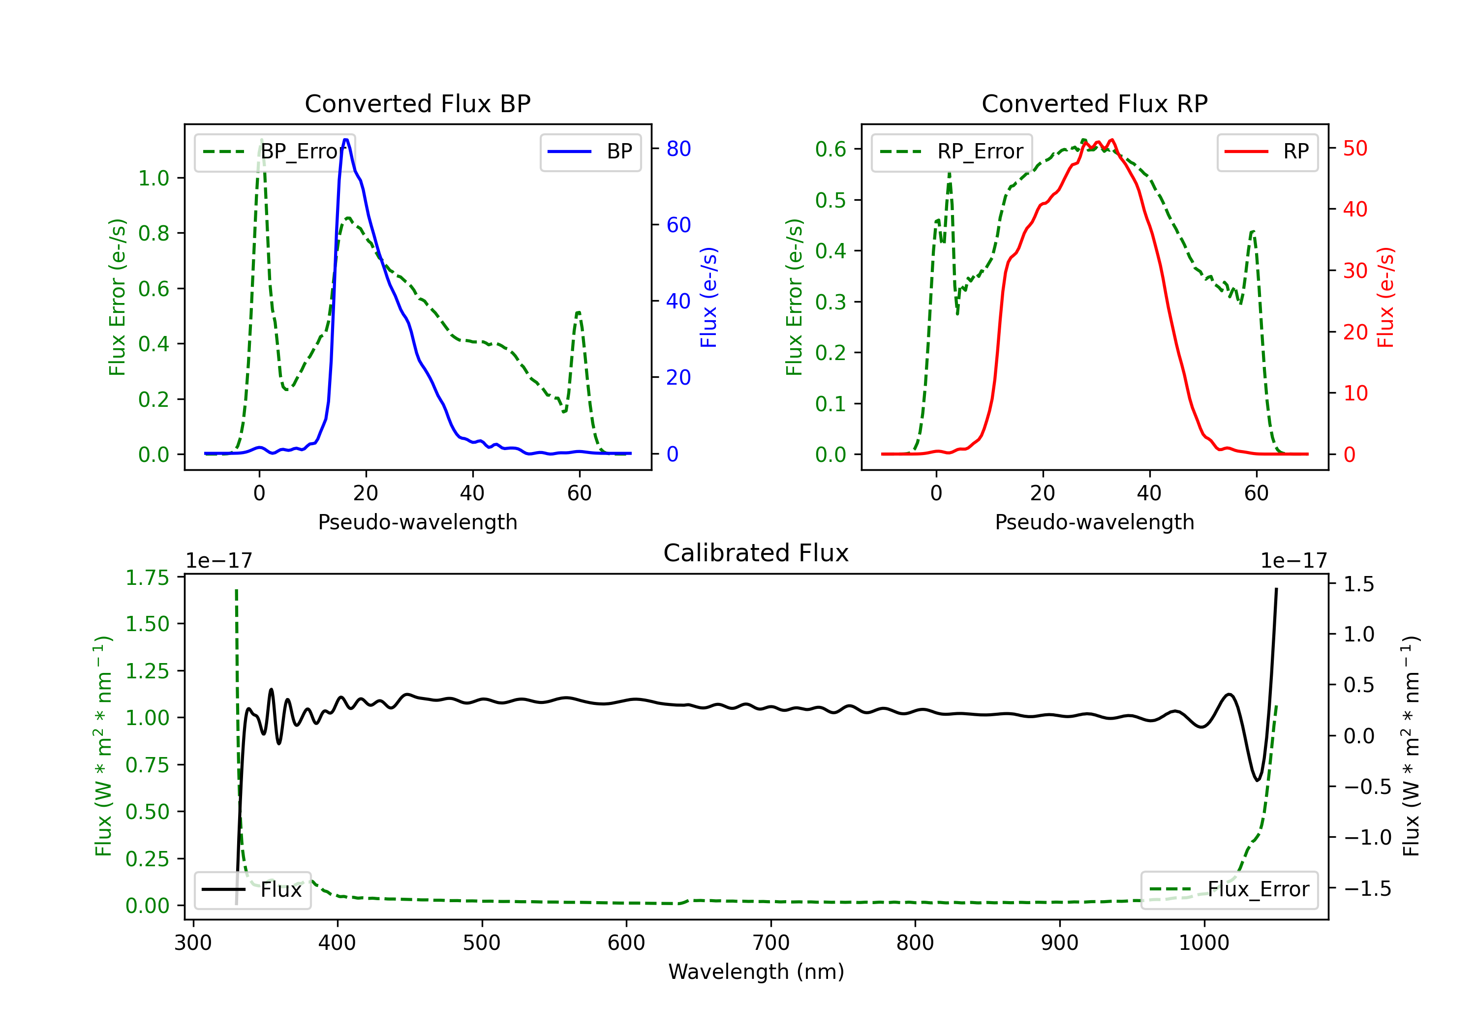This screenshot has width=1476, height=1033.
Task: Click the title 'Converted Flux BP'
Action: pyautogui.click(x=417, y=103)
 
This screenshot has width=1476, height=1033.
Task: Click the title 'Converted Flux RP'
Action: pyautogui.click(x=1094, y=103)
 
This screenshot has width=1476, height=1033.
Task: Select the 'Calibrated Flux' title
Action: pyautogui.click(x=756, y=553)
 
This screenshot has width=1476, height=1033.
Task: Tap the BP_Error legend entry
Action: pyautogui.click(x=275, y=152)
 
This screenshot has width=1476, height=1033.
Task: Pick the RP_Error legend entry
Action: pyautogui.click(x=952, y=152)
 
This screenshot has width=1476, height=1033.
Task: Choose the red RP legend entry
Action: pyautogui.click(x=1266, y=152)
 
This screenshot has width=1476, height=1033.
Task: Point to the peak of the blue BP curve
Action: pyautogui.click(x=346, y=140)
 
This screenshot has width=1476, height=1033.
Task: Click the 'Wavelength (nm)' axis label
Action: pyautogui.click(x=756, y=972)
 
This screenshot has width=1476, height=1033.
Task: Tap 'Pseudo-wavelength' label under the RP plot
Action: pyautogui.click(x=1094, y=522)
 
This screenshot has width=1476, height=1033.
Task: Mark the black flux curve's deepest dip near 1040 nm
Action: pyautogui.click(x=1258, y=780)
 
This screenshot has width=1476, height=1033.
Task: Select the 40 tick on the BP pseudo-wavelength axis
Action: pyautogui.click(x=472, y=493)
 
